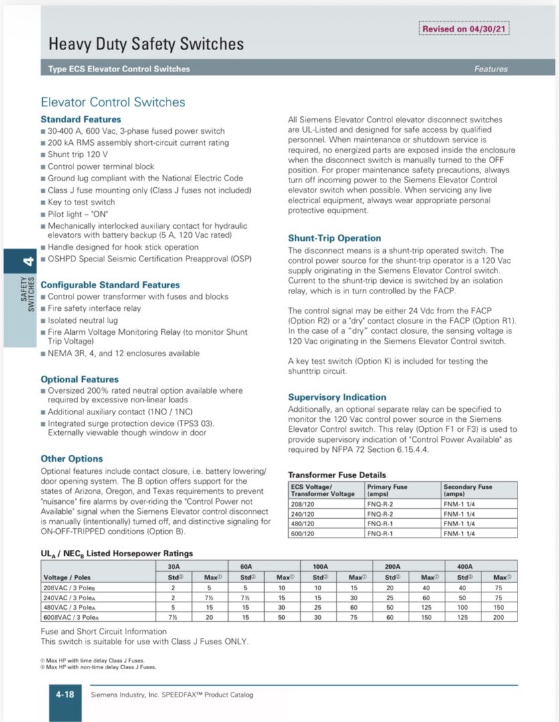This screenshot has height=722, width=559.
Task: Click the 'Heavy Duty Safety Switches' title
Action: (146, 45)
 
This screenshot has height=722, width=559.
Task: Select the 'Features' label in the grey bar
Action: (491, 69)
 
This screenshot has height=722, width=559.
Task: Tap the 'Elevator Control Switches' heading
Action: (113, 102)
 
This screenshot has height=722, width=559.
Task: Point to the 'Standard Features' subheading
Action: (81, 120)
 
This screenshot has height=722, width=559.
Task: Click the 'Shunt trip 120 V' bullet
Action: (82, 154)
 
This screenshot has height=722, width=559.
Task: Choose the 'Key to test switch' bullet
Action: (81, 202)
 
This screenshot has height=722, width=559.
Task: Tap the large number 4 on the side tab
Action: (27, 261)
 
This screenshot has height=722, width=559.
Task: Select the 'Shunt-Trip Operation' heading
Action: (334, 238)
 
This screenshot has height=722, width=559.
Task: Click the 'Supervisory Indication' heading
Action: (337, 397)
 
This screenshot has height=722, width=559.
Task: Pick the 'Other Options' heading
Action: (72, 459)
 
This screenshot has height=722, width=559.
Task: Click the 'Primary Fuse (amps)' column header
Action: (387, 490)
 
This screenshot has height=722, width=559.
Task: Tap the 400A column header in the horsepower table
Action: (465, 566)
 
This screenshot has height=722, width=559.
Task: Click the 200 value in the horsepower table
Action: (499, 618)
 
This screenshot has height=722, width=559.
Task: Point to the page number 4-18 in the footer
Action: (65, 695)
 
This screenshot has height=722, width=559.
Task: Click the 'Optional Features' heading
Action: (80, 379)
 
